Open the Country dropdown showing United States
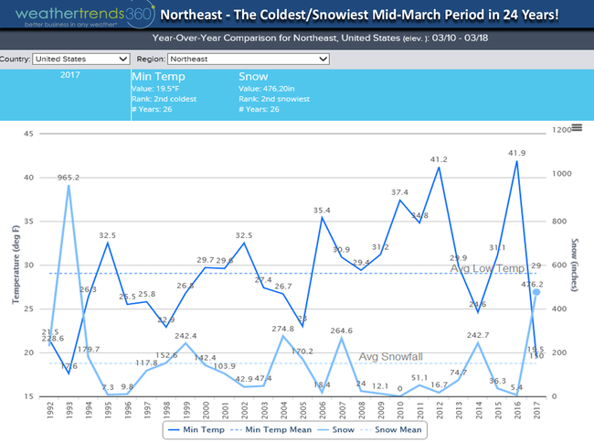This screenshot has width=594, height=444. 80,59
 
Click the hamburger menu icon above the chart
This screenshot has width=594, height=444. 576,128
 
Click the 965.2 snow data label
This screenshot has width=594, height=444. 69,178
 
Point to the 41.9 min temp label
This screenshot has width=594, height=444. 517,153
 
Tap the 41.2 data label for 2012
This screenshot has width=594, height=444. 440,158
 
